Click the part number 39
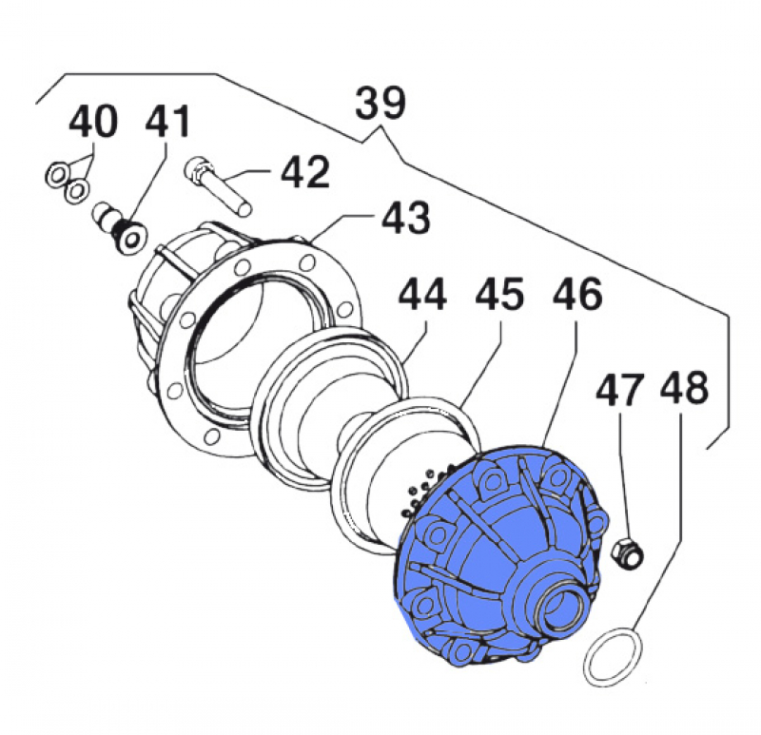coord(380,104)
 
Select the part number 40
coord(93,123)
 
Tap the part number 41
coord(167,123)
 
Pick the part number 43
coord(406,218)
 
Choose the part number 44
coord(421,296)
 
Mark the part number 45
coord(499,296)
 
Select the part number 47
coord(621,390)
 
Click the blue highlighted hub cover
coord(476,551)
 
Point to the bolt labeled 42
coord(220,185)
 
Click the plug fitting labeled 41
coord(118,226)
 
